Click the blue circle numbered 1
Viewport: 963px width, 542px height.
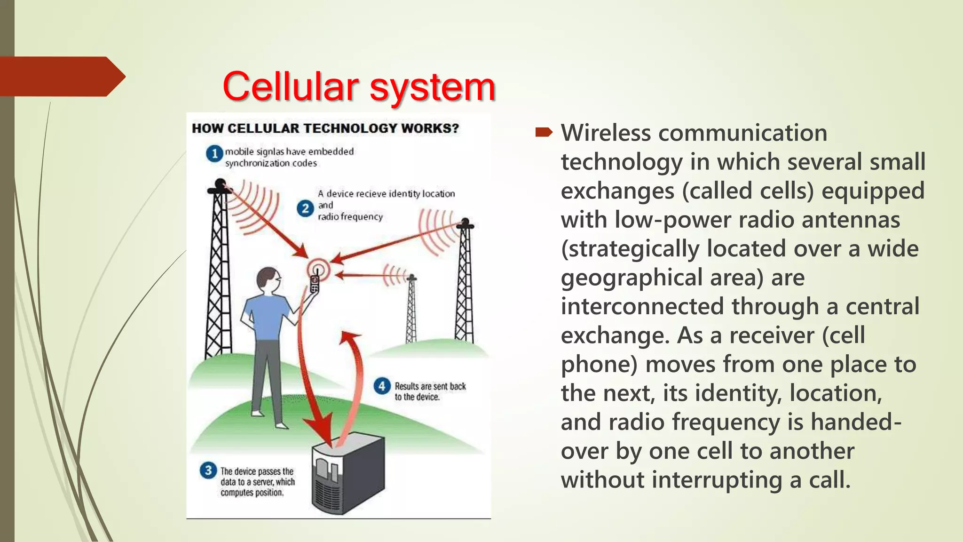pyautogui.click(x=214, y=153)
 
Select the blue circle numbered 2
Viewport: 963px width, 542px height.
pyautogui.click(x=305, y=208)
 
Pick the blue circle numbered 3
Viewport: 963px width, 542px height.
pyautogui.click(x=208, y=470)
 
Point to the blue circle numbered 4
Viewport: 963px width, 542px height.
pyautogui.click(x=382, y=386)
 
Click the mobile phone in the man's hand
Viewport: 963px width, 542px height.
pyautogui.click(x=315, y=284)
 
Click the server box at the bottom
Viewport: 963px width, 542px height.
pyautogui.click(x=348, y=475)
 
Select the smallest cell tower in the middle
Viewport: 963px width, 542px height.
pyautogui.click(x=411, y=311)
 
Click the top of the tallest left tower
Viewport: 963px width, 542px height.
pyautogui.click(x=220, y=185)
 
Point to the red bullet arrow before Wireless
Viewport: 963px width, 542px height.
pyautogui.click(x=544, y=133)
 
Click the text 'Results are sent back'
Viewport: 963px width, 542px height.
pyautogui.click(x=430, y=386)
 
